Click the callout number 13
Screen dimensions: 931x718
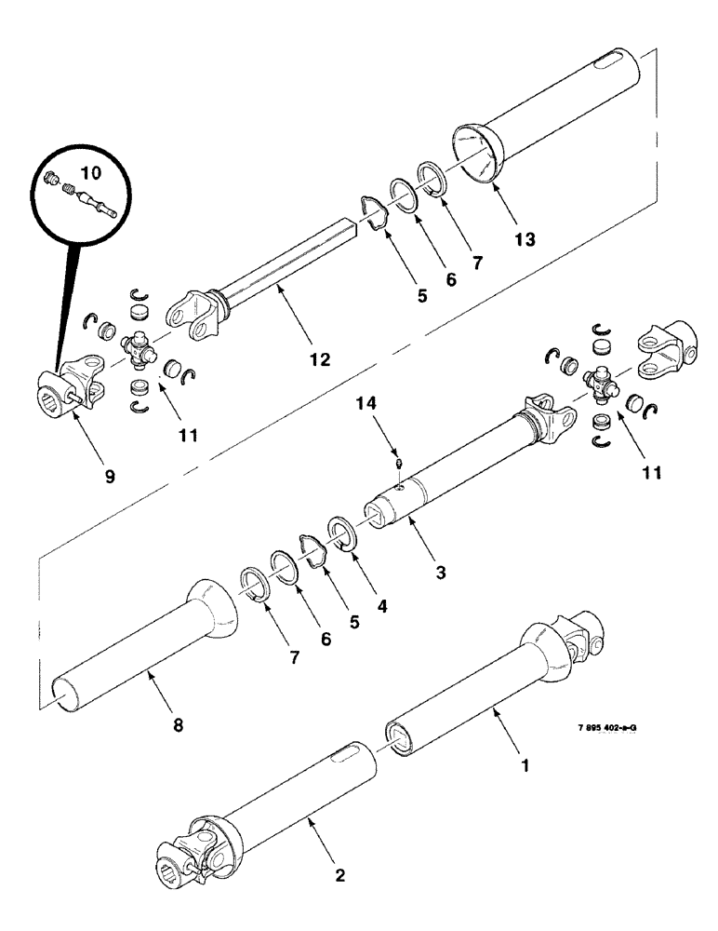525,239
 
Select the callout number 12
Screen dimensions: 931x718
320,359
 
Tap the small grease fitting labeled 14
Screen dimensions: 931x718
398,462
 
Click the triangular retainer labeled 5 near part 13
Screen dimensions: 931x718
376,211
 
